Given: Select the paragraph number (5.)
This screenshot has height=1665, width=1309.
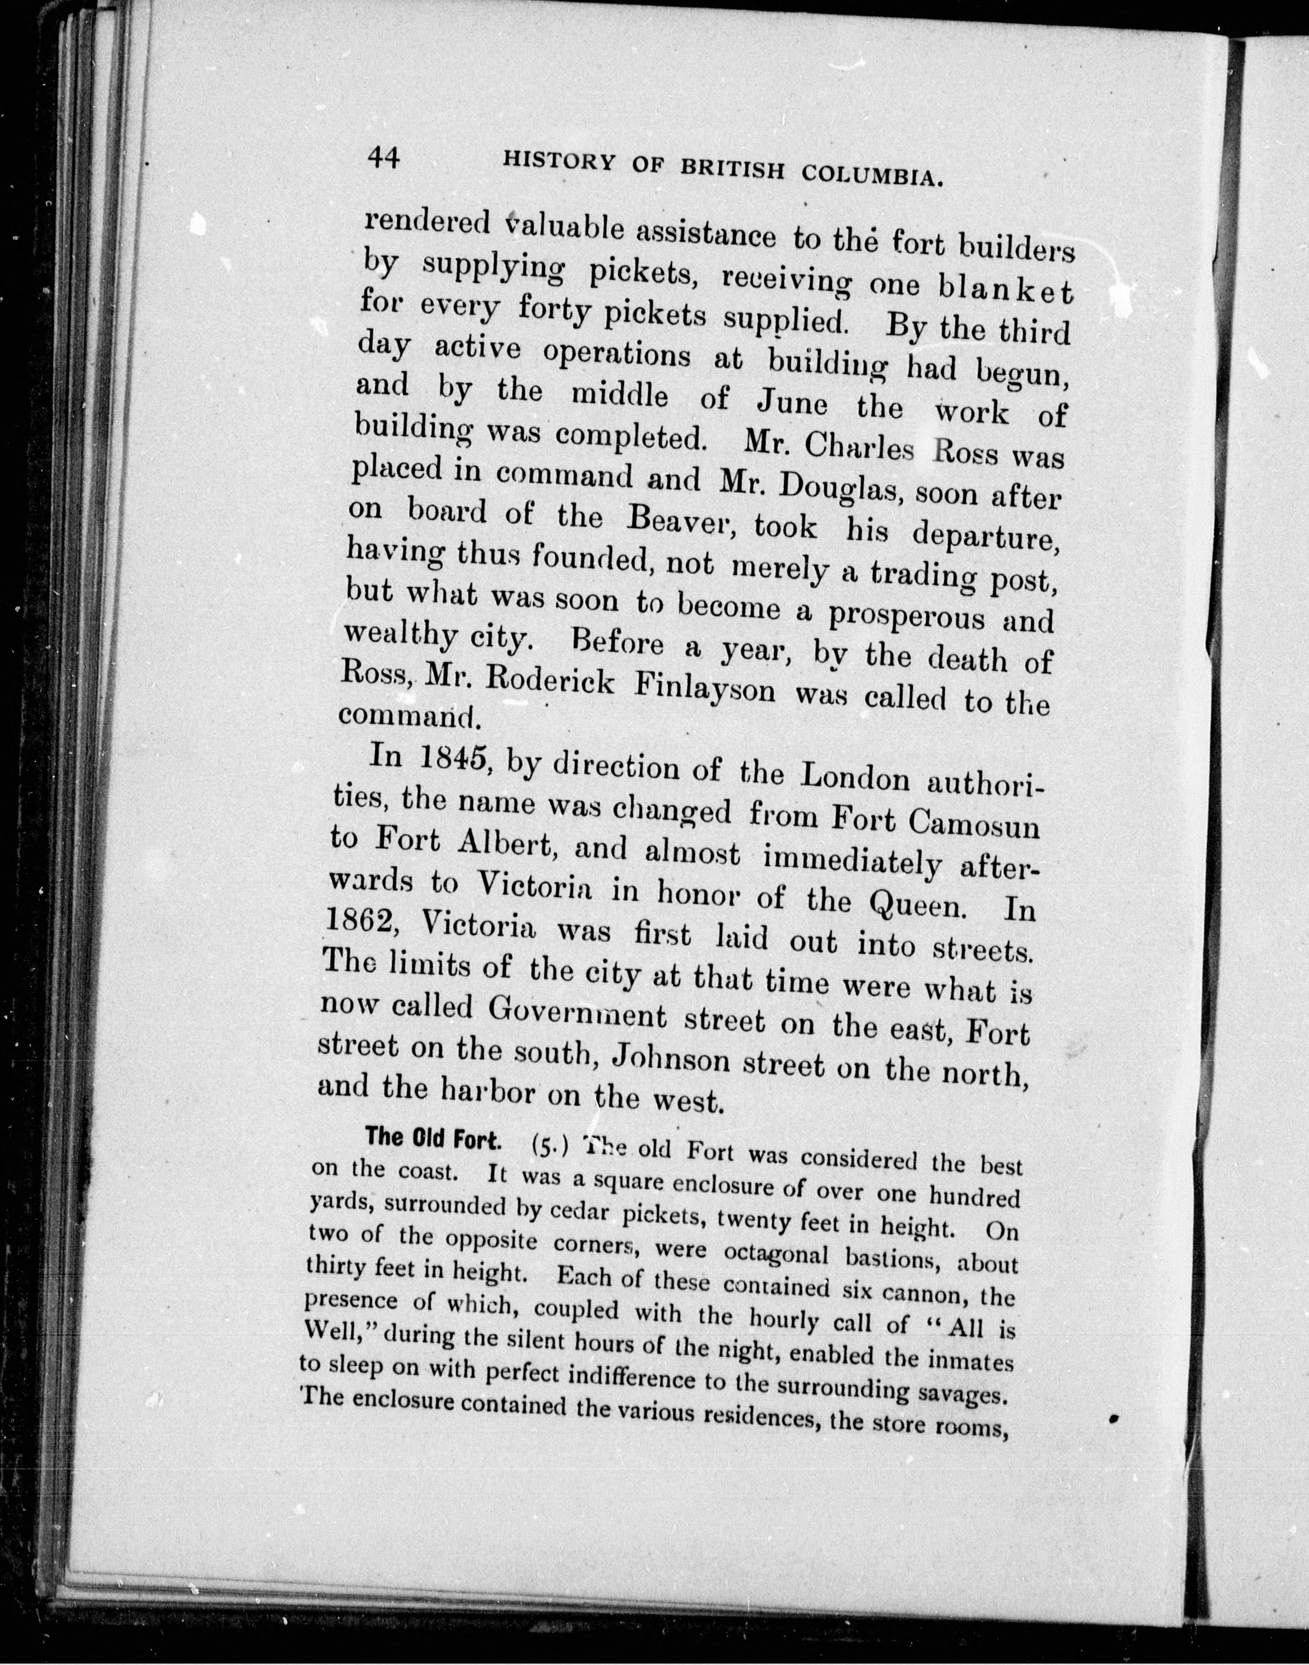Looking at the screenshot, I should [x=550, y=1148].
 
